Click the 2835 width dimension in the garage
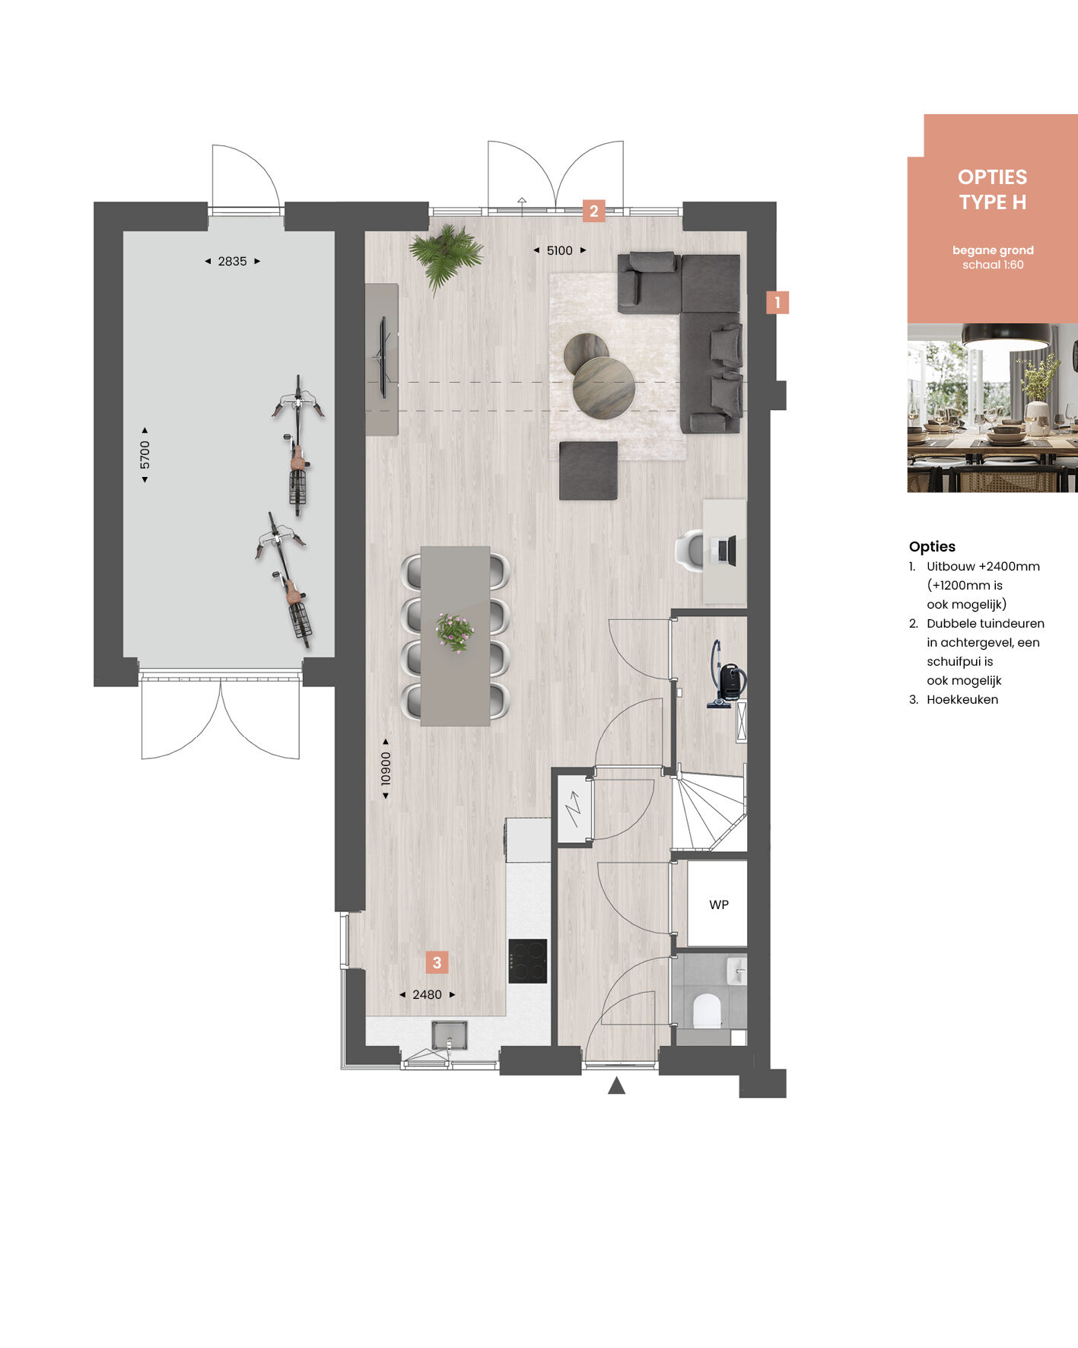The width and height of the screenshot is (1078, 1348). [x=232, y=261]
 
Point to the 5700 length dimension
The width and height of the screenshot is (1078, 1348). [x=145, y=455]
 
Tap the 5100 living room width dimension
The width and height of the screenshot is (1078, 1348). [x=559, y=250]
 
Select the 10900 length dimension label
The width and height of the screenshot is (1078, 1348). [x=386, y=768]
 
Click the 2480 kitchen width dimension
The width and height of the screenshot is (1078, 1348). [x=427, y=994]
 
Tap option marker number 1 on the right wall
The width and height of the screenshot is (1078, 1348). [x=777, y=303]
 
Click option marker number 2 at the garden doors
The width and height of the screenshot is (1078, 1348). [x=593, y=211]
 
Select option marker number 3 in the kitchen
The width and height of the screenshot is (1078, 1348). [x=437, y=962]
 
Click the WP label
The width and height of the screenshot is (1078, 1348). [x=719, y=904]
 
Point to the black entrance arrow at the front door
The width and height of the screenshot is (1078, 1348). [x=616, y=1086]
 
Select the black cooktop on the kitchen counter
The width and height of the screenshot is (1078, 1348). [x=528, y=961]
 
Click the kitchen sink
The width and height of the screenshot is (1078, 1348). [x=449, y=1035]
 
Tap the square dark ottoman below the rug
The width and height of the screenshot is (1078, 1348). [x=588, y=471]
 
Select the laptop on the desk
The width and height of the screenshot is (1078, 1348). [x=727, y=550]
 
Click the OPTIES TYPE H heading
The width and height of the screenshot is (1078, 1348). [x=992, y=189]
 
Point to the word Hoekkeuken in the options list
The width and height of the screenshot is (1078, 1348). [x=962, y=699]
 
